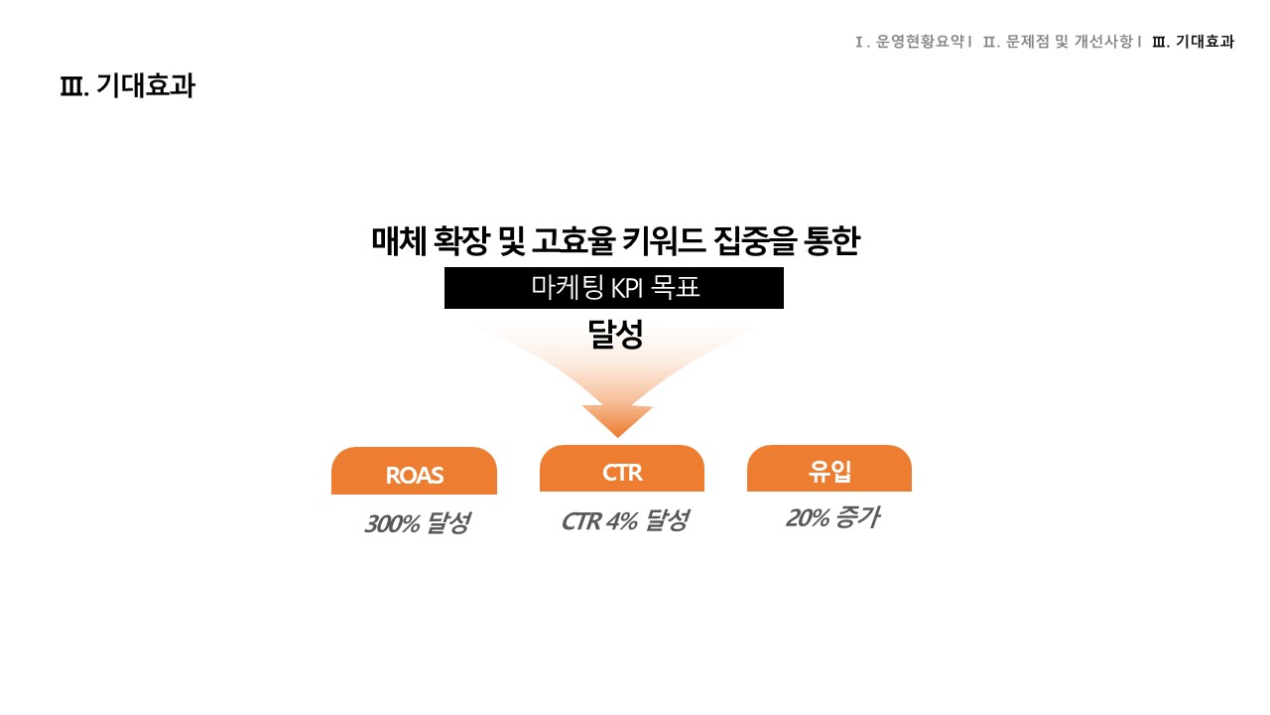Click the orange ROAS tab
click(414, 471)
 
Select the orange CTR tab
click(622, 468)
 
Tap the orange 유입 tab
click(829, 468)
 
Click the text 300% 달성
click(418, 523)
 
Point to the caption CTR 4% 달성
click(625, 520)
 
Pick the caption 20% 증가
click(832, 517)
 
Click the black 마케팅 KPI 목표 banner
click(614, 288)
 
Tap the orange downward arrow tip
click(617, 437)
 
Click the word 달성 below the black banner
click(615, 334)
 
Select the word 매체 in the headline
click(399, 240)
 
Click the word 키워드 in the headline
click(664, 240)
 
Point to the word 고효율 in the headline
click(573, 240)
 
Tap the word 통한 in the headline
click(831, 240)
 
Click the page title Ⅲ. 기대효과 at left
click(128, 85)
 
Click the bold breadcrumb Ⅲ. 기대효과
click(1193, 42)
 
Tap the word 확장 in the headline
click(461, 240)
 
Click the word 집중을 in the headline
click(755, 240)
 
